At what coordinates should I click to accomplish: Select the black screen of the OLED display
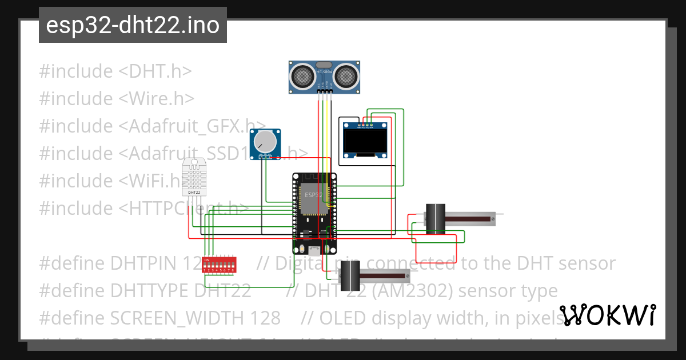364,141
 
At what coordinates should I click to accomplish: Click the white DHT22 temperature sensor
194,177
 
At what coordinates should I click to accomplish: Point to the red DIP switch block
220,266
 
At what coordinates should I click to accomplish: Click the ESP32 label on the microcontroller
313,195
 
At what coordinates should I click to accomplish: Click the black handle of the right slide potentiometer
436,219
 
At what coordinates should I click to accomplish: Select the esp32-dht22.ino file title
133,25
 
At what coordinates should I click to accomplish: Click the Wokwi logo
607,315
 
